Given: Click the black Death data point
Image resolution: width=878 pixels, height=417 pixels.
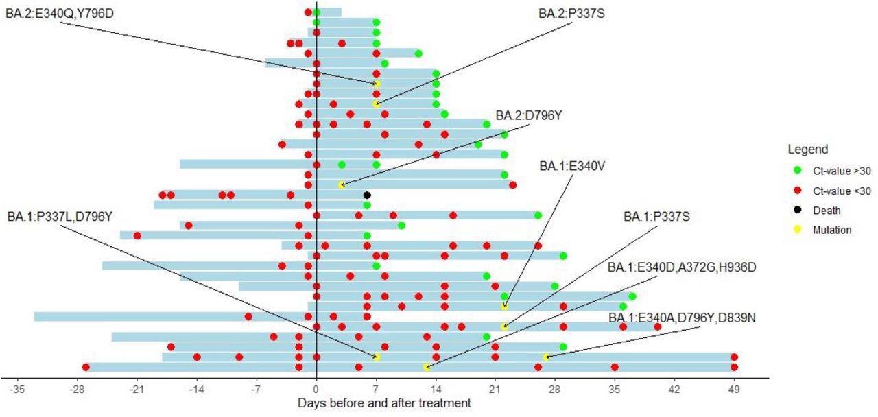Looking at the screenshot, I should click(x=367, y=195).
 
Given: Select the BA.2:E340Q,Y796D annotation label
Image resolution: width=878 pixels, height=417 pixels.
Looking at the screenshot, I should click(x=60, y=13).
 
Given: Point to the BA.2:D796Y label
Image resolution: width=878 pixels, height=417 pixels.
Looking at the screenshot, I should click(x=528, y=115).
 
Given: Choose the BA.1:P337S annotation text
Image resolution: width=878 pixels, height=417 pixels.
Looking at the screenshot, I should click(x=656, y=217).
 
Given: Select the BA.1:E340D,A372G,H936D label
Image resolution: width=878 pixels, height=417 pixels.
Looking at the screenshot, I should click(x=682, y=267).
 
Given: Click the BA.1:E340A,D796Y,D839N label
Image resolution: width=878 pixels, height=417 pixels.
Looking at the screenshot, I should click(x=682, y=318).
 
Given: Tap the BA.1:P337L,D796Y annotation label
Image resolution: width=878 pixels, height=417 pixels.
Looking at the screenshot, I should click(x=60, y=217).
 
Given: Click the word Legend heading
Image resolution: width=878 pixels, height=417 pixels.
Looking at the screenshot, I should click(x=808, y=150).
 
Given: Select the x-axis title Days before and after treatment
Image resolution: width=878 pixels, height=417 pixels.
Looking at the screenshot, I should click(x=384, y=404).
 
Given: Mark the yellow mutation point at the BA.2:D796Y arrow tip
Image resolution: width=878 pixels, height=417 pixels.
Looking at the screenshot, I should click(x=342, y=185).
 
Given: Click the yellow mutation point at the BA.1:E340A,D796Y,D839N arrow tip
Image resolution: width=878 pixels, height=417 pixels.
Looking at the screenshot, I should click(x=546, y=357).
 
